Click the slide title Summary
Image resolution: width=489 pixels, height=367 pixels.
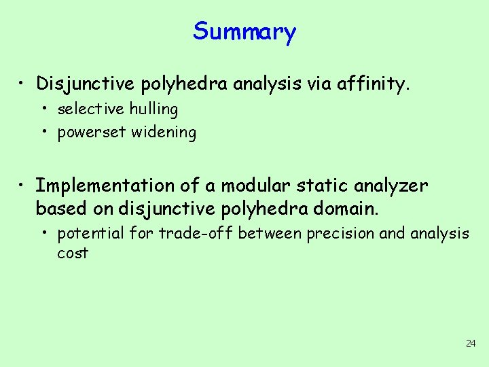pyautogui.click(x=244, y=32)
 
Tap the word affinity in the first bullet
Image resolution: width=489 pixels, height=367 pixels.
pyautogui.click(x=376, y=84)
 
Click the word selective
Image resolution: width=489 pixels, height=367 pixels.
pyautogui.click(x=91, y=109)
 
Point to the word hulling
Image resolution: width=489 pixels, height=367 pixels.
pyautogui.click(x=153, y=109)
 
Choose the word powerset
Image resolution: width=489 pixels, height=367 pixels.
pyautogui.click(x=92, y=133)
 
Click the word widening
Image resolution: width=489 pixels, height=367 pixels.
pyautogui.click(x=164, y=133)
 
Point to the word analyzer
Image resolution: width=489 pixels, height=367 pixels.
pyautogui.click(x=394, y=186)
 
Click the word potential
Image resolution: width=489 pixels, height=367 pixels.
pyautogui.click(x=90, y=234)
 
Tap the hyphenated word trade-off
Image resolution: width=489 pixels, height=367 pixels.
pyautogui.click(x=196, y=233)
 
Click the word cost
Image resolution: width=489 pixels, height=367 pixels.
pyautogui.click(x=73, y=254)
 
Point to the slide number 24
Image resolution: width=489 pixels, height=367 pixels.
pyautogui.click(x=471, y=343)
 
